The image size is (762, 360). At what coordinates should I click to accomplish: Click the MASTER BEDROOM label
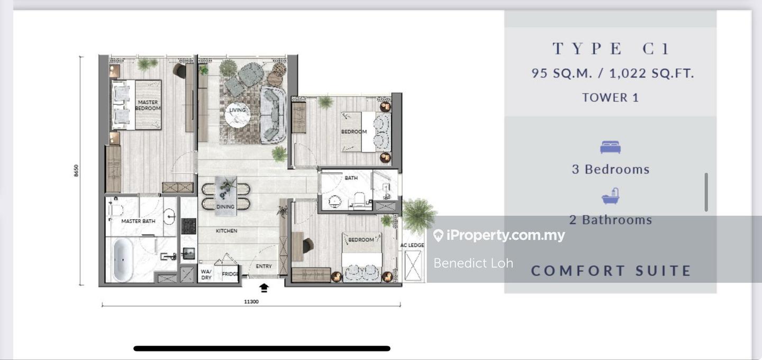148,105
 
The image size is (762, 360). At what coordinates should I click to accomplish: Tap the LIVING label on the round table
238,110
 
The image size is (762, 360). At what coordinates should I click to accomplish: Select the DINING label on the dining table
225,206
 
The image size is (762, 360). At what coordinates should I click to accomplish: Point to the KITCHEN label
226,231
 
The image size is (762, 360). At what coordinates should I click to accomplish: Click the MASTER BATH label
138,221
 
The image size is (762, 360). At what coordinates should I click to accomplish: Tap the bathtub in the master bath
123,259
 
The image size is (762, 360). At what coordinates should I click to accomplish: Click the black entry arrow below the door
264,287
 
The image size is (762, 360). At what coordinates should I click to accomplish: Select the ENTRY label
264,266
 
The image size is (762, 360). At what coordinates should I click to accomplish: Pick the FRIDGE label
230,274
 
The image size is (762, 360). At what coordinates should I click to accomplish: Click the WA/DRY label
205,274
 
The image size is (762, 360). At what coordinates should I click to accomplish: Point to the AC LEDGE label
412,245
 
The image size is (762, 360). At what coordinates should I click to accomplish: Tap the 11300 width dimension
251,302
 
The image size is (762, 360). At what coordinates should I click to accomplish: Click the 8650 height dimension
76,170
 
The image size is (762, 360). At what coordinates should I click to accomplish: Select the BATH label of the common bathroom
351,178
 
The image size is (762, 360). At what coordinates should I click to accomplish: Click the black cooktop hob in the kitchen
188,226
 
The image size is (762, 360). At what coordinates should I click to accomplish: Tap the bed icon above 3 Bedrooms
610,147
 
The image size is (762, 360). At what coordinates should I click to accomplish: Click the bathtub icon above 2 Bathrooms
610,197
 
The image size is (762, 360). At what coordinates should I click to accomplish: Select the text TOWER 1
610,97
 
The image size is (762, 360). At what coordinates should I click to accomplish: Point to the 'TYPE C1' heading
611,49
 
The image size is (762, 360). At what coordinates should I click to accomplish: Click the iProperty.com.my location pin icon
438,236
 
